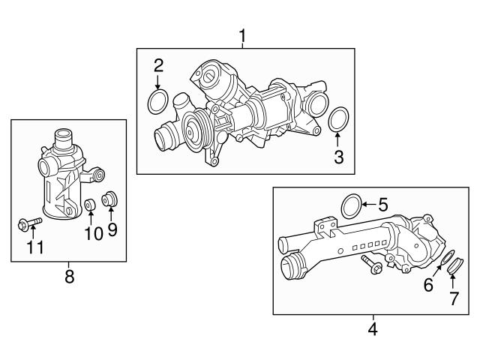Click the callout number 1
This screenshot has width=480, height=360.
click(x=242, y=34)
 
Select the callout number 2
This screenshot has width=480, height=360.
click(x=158, y=65)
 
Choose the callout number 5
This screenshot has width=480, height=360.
click(x=382, y=204)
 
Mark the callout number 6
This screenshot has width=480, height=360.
click(x=428, y=285)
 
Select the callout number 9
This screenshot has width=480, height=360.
click(x=112, y=229)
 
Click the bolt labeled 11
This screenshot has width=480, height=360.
click(x=28, y=223)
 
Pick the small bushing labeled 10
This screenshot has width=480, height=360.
click(x=90, y=204)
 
